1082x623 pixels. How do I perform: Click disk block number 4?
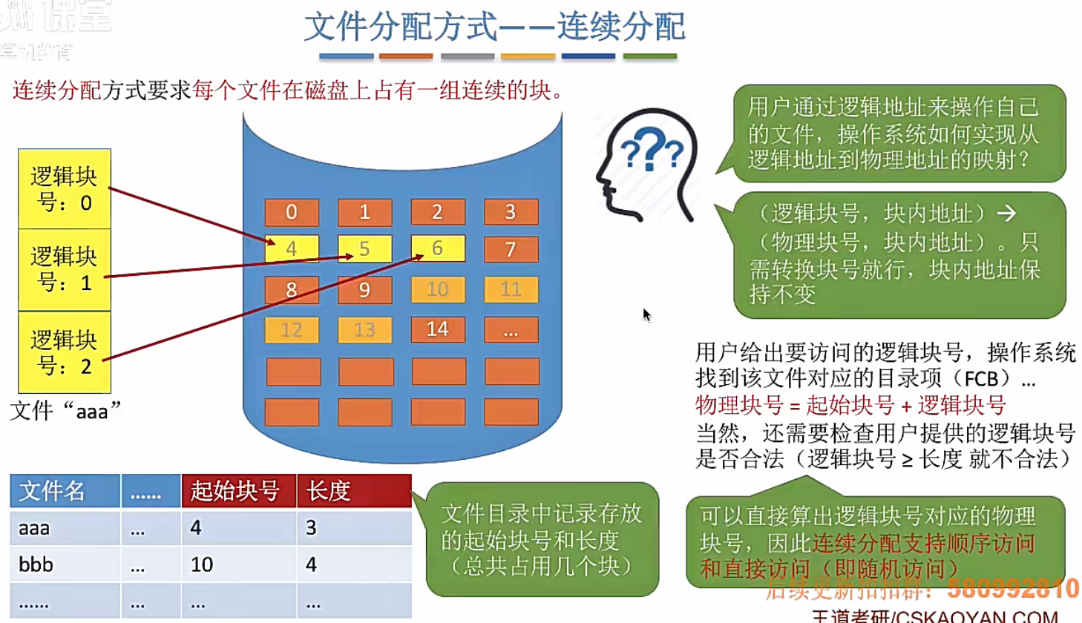coord(292,249)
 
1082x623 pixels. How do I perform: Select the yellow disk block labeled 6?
coord(438,248)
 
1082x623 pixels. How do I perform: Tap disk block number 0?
coord(292,212)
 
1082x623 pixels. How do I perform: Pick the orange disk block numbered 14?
coord(438,329)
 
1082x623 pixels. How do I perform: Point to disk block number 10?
coord(438,289)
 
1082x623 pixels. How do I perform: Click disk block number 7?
coord(511,249)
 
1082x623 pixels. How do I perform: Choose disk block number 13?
coord(364,329)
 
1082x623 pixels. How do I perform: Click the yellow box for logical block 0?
coord(65,189)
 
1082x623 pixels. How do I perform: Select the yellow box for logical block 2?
coord(65,352)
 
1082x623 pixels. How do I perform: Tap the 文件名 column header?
coord(65,491)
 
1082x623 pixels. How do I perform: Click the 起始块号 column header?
coord(238,491)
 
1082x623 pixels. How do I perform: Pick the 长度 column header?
coord(353,491)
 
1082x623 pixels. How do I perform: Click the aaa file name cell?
coord(65,528)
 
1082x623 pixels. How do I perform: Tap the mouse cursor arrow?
coord(646,314)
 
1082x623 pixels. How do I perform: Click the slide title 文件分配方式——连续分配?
coord(494,27)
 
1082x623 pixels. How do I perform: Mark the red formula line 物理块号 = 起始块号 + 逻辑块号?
coord(850,406)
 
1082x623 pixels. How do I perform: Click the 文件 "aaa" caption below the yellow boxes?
coord(65,410)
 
